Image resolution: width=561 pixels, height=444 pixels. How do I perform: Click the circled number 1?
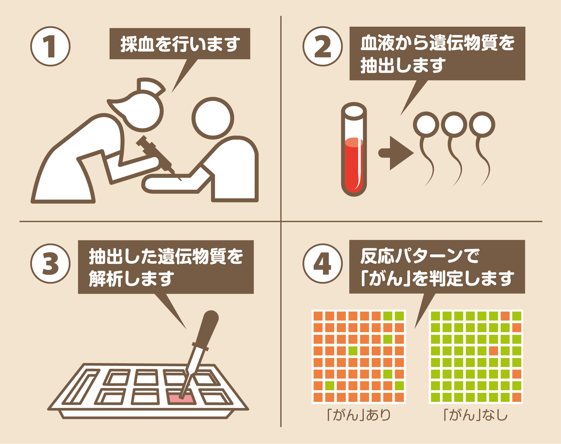(50, 46)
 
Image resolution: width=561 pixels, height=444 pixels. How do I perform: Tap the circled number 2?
(322, 46)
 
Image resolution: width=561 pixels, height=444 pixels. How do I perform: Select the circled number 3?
(50, 263)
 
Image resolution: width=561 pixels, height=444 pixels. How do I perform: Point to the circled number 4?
(322, 263)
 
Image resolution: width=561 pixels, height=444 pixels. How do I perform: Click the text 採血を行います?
(180, 44)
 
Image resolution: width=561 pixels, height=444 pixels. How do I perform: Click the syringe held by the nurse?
(158, 157)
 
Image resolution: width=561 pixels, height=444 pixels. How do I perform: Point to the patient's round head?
(213, 118)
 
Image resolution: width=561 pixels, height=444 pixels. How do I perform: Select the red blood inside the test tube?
(354, 165)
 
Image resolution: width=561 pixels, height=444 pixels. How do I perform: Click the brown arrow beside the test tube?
(396, 153)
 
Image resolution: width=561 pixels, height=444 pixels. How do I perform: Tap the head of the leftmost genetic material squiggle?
(426, 125)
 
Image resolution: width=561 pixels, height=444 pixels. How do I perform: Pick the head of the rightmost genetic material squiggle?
(482, 125)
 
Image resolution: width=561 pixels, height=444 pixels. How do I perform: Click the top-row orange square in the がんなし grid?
(505, 316)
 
